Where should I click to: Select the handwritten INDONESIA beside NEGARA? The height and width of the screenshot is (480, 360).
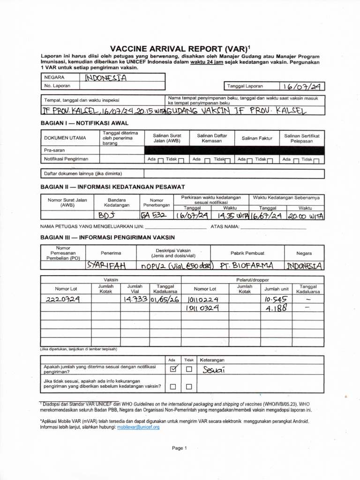tap(106, 78)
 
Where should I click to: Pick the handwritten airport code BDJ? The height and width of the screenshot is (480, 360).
tap(106, 215)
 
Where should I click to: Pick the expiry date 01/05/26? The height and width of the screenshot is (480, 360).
tap(164, 299)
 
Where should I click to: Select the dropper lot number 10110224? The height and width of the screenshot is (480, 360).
tap(202, 299)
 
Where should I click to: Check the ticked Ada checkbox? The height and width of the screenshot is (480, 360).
tap(173, 369)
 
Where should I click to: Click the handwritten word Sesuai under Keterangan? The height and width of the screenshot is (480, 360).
tap(214, 370)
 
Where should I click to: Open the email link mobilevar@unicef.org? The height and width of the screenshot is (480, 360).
tap(138, 427)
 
